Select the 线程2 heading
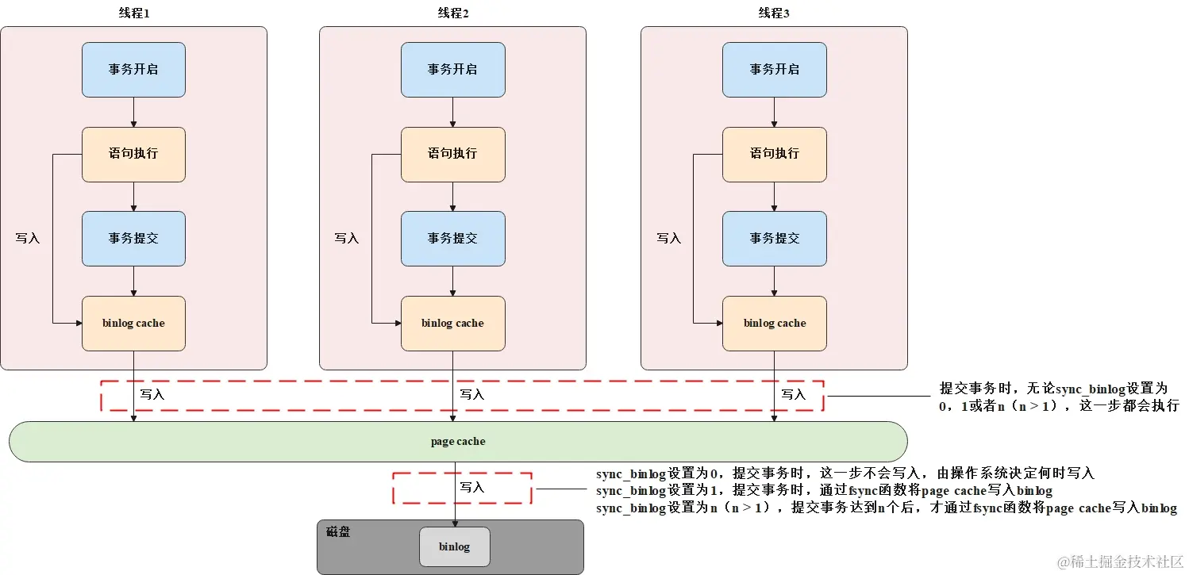(x=452, y=13)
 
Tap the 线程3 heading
(x=774, y=13)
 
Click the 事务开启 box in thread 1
(x=133, y=70)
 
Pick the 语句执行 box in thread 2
(x=452, y=154)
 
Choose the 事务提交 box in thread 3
(x=774, y=238)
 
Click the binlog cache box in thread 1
(x=133, y=324)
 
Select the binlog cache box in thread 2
(x=452, y=324)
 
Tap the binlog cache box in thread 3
(x=774, y=324)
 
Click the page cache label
(x=458, y=441)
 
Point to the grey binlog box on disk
(x=454, y=547)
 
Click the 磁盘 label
(x=338, y=531)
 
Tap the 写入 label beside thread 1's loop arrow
(x=28, y=238)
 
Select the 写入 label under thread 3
(x=793, y=394)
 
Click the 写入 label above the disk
(x=472, y=487)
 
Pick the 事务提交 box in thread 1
(x=133, y=238)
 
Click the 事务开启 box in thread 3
(x=774, y=70)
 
